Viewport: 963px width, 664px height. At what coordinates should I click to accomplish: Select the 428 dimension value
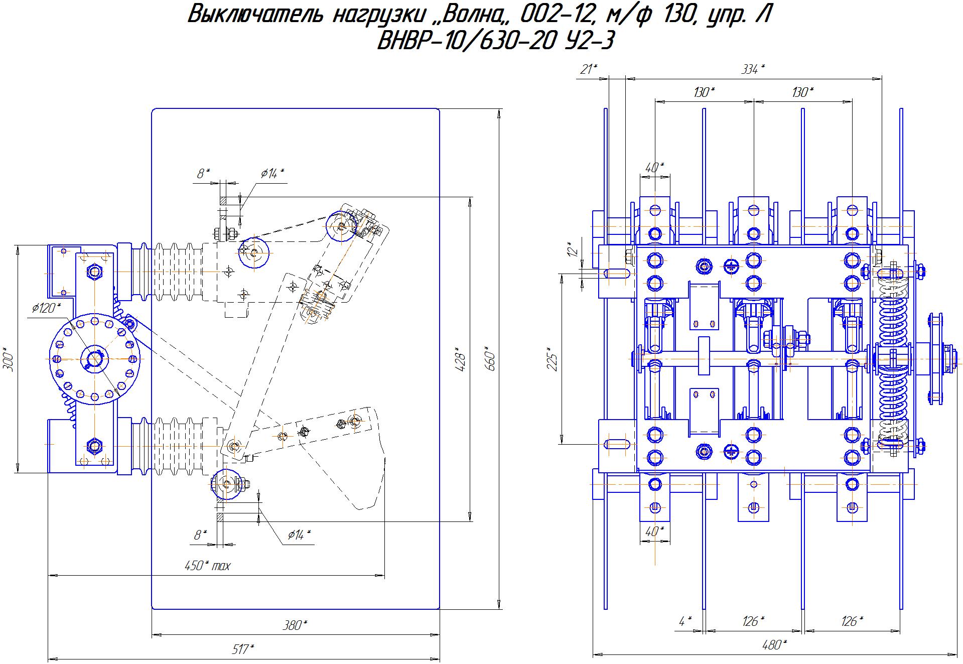(461, 358)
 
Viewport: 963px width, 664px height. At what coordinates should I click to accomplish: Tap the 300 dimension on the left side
(9, 359)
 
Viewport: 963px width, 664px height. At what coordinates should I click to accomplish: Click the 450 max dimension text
(207, 566)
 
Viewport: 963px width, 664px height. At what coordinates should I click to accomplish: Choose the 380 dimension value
(294, 625)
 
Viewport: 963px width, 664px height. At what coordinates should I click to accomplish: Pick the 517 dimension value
(243, 649)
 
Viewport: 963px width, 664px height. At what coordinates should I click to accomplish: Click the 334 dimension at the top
(753, 70)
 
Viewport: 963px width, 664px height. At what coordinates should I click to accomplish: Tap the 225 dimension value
(552, 358)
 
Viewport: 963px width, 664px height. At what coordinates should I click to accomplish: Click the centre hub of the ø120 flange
(94, 358)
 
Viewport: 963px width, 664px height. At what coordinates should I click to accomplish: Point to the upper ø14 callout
(272, 174)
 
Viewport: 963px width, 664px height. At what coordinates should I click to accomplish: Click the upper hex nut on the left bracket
(94, 272)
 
